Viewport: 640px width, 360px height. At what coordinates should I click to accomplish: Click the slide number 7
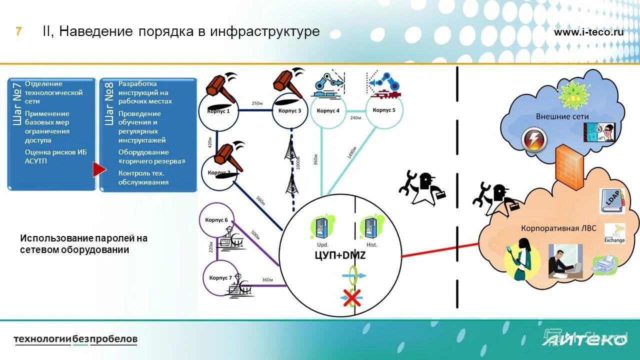pos(18,31)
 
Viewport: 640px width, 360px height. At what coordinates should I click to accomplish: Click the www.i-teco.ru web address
pos(588,32)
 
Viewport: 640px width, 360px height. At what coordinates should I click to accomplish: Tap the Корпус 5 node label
pos(384,110)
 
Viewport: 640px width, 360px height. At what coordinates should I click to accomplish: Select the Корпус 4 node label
pos(328,110)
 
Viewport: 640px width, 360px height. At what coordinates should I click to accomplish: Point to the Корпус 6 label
pos(216,220)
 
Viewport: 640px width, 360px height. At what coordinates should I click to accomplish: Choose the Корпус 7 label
pos(220,277)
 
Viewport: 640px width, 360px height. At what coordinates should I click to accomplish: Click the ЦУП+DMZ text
pos(340,256)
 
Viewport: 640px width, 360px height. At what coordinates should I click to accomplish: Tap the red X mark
pos(352,298)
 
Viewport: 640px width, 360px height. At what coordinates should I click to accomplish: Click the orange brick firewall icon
pos(569,167)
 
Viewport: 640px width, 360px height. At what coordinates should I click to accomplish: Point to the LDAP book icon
pos(612,201)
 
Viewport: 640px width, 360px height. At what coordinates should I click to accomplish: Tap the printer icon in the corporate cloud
pos(603,265)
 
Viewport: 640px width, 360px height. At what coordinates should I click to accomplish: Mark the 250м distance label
pos(256,103)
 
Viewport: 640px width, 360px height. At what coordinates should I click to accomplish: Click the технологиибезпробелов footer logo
pos(75,339)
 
